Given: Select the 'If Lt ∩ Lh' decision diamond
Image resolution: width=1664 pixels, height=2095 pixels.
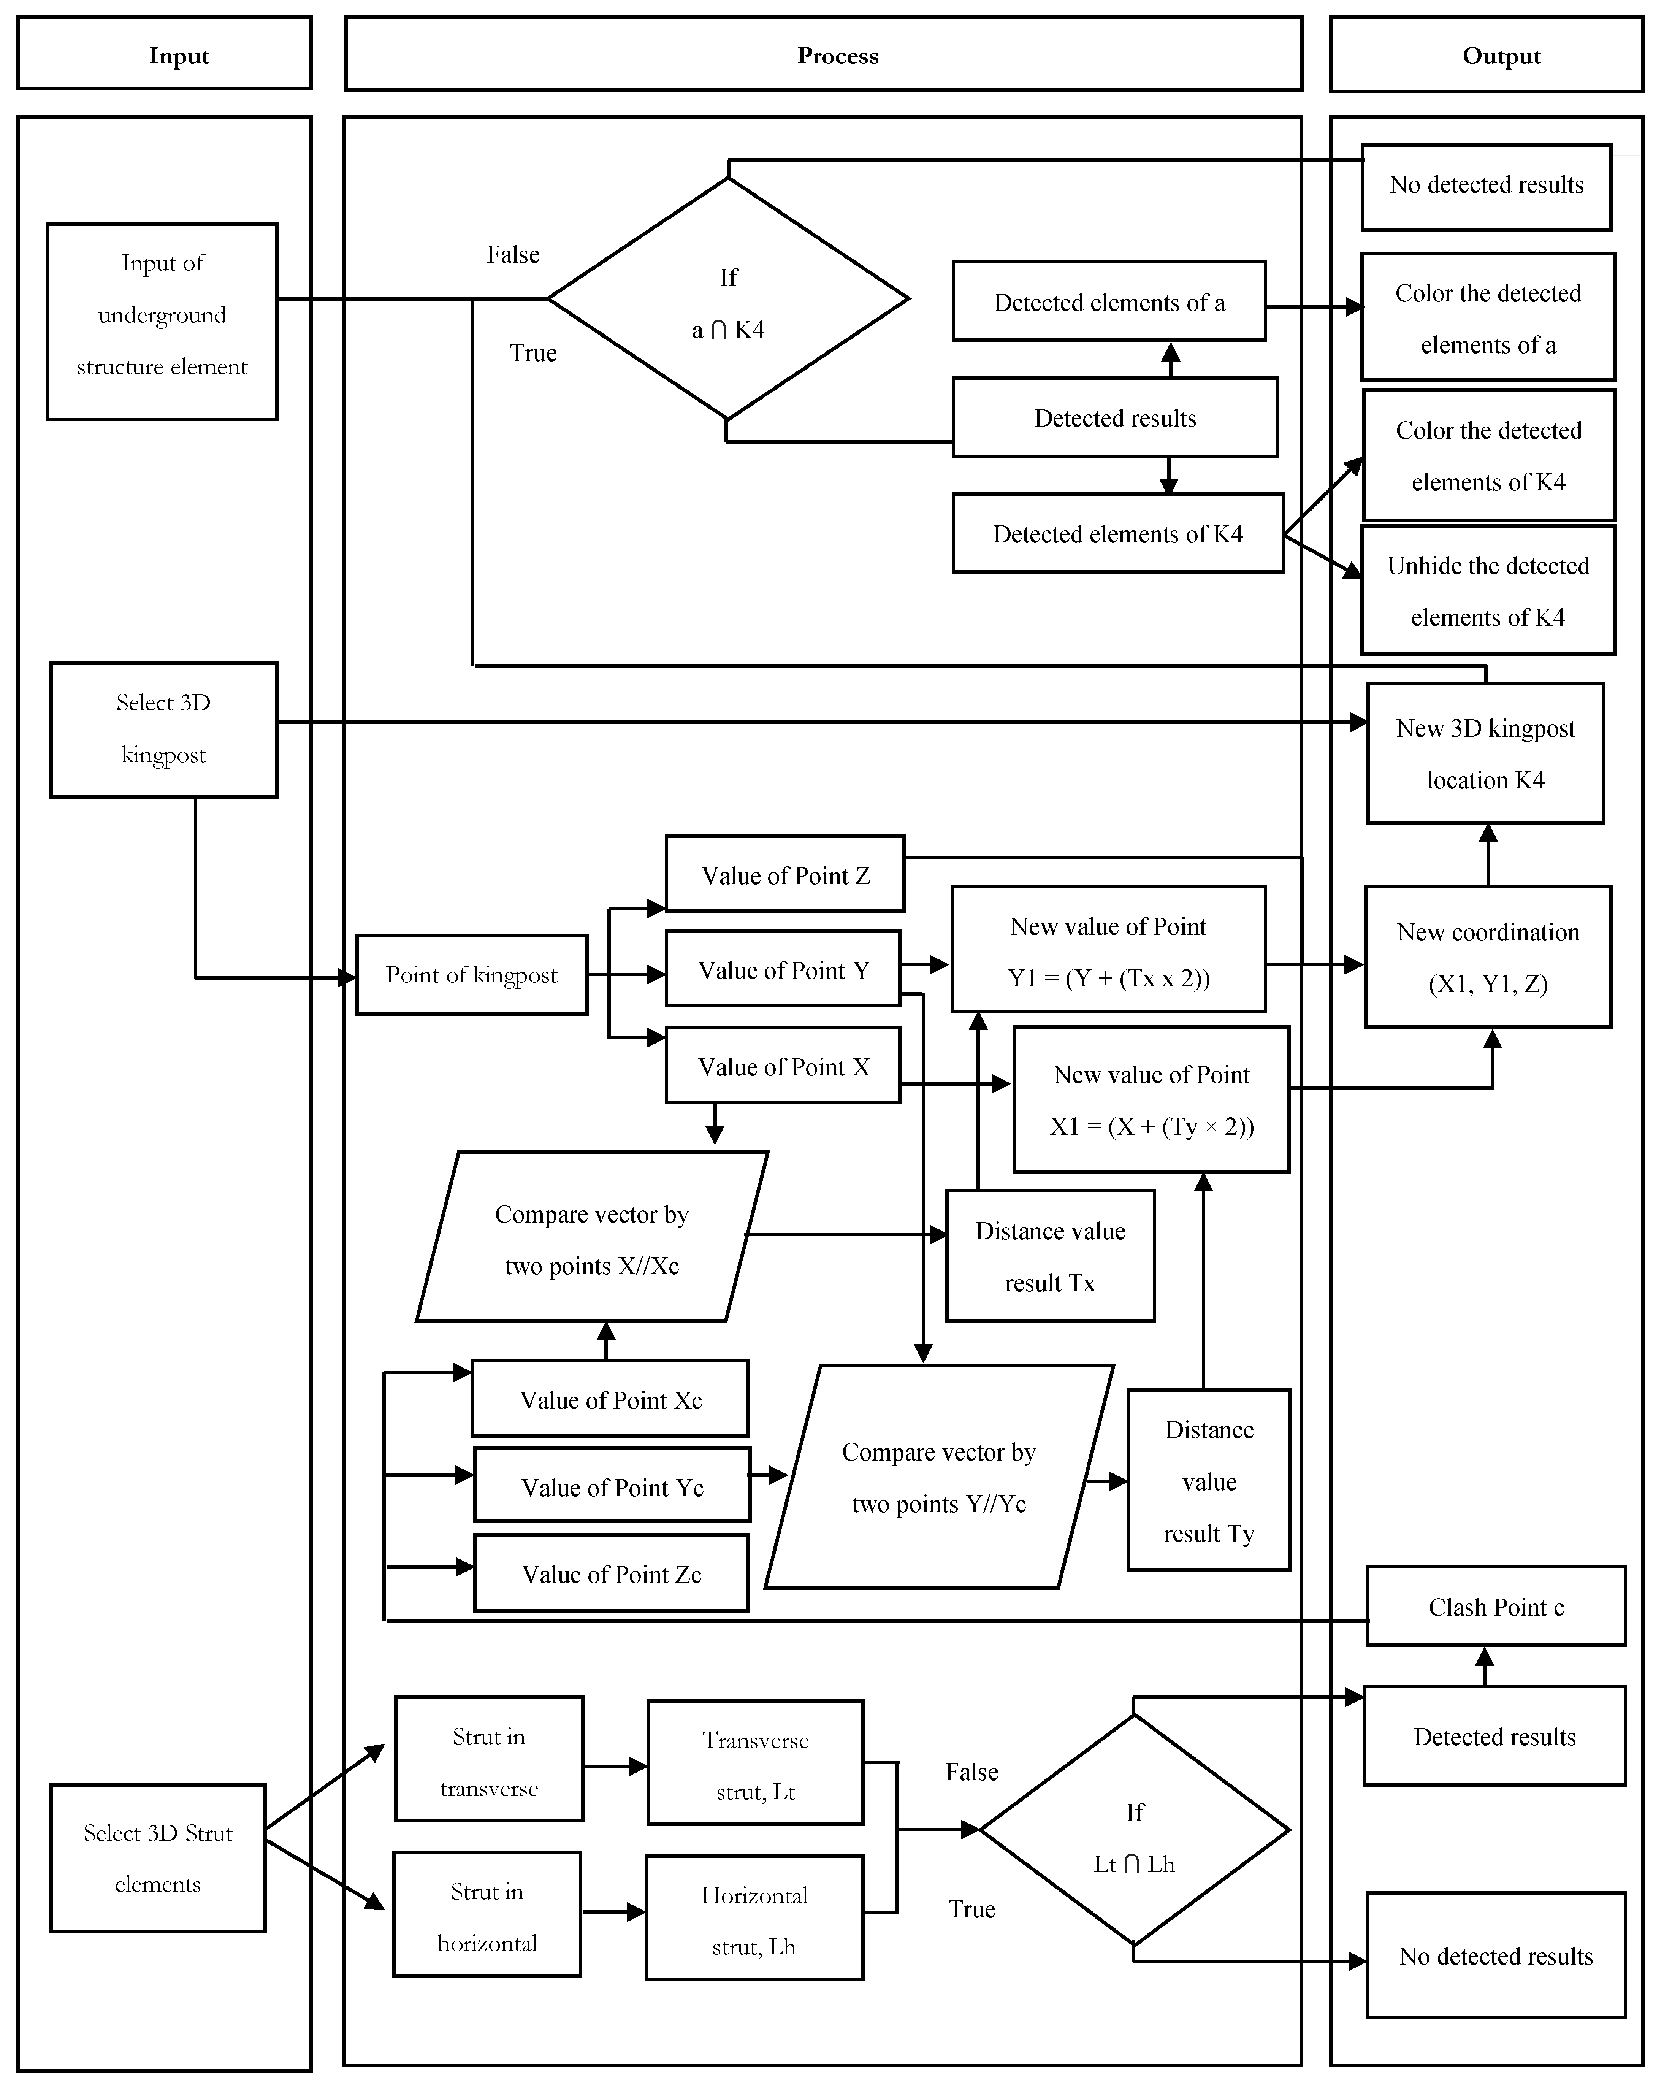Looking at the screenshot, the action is coord(1135,1830).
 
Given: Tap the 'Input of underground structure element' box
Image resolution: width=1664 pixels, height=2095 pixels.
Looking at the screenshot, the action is coord(162,322).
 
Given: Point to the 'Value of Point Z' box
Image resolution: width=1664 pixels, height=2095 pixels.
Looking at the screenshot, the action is coord(785,874).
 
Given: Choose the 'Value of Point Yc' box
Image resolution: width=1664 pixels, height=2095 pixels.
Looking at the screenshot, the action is coord(612,1484).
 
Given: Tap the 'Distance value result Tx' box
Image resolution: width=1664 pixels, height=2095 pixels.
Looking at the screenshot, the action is coord(1050,1256).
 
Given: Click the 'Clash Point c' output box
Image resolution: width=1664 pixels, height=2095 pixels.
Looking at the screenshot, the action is coord(1496,1605).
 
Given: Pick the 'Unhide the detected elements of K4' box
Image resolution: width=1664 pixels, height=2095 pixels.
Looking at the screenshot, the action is coord(1488,590).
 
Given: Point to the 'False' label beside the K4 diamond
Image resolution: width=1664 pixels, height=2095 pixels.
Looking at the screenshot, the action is coord(513,255).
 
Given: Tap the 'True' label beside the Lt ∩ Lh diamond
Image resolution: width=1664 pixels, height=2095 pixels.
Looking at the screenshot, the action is coord(971,1909).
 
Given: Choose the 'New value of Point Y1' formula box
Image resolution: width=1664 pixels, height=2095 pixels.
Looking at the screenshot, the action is coord(1108,949).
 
